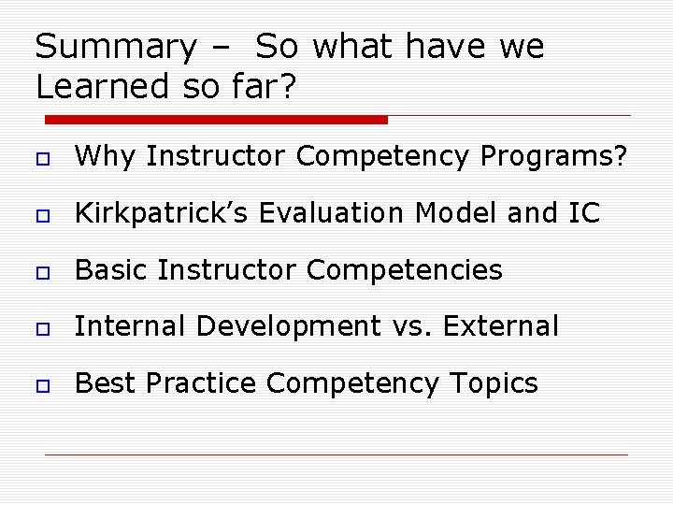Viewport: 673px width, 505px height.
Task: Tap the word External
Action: point(500,326)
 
